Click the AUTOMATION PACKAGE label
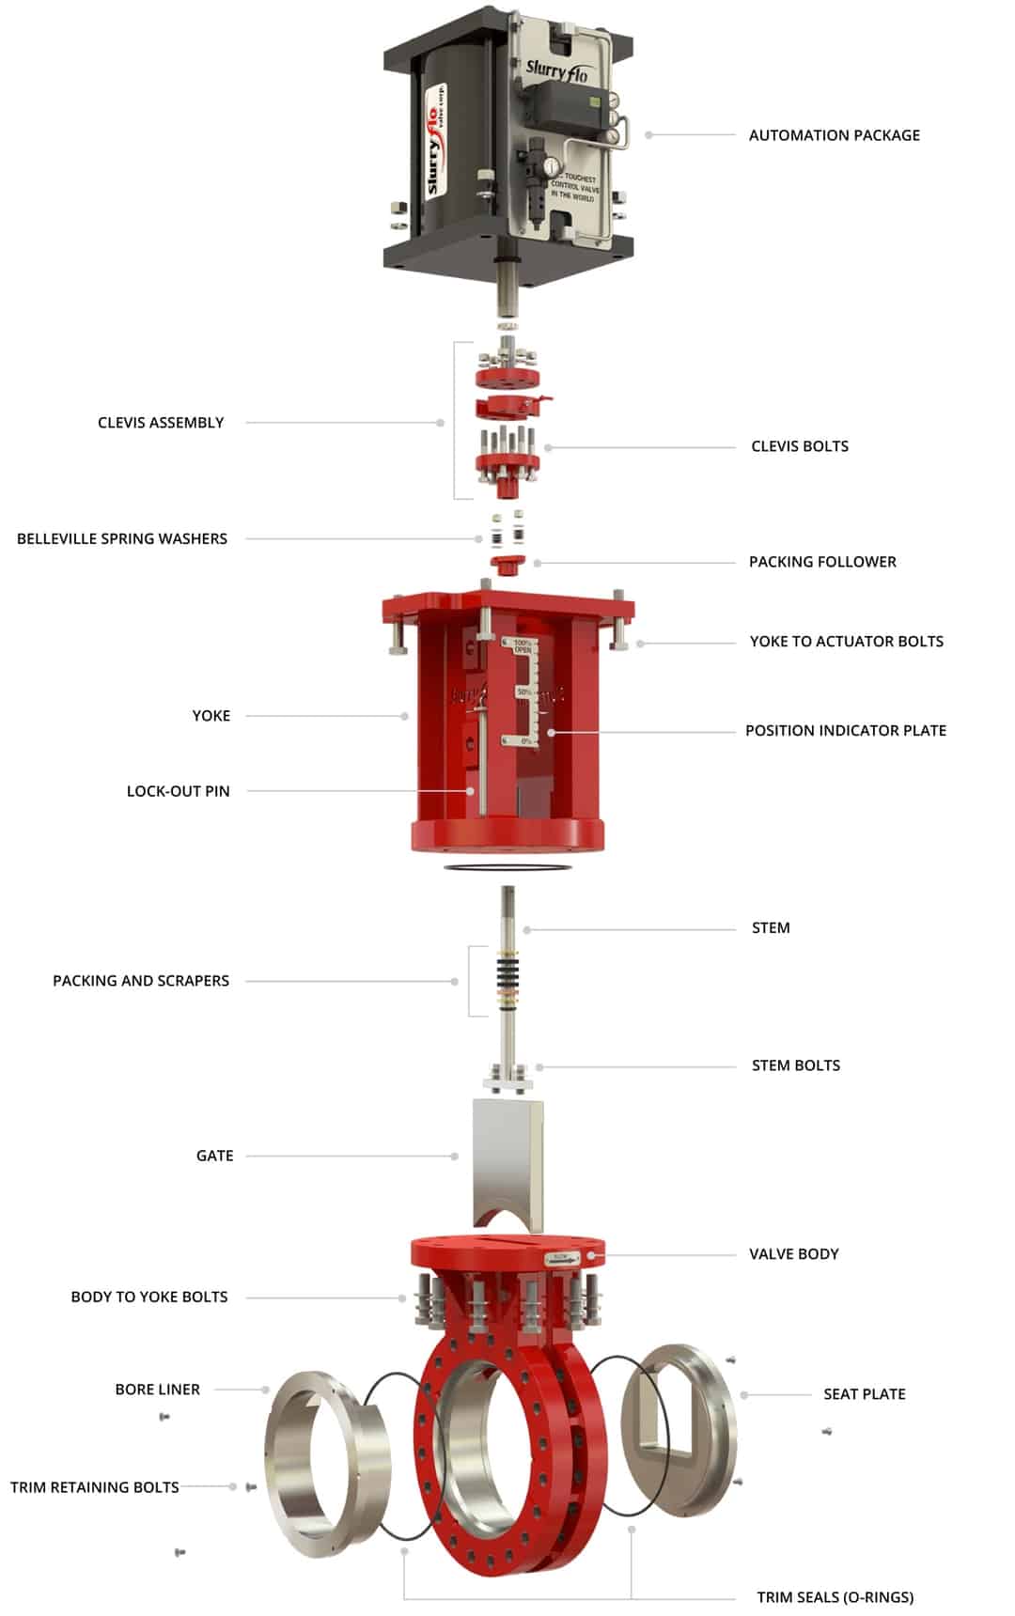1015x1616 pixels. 834,135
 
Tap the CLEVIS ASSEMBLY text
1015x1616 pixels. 161,423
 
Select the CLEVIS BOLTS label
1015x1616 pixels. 799,446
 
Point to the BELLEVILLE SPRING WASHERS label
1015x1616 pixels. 122,538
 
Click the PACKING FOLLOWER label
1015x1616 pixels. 822,562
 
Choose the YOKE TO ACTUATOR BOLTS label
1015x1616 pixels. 846,642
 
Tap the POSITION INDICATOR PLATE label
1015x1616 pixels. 845,731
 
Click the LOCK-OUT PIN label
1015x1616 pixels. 178,791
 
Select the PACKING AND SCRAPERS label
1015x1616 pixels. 141,981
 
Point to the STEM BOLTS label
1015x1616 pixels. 795,1065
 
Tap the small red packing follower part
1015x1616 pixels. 508,565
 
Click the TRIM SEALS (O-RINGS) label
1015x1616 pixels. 835,1597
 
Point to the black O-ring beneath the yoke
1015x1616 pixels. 507,864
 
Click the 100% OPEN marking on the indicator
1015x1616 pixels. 523,646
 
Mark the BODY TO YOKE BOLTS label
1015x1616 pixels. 149,1297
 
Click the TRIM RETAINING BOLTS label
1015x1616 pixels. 94,1487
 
